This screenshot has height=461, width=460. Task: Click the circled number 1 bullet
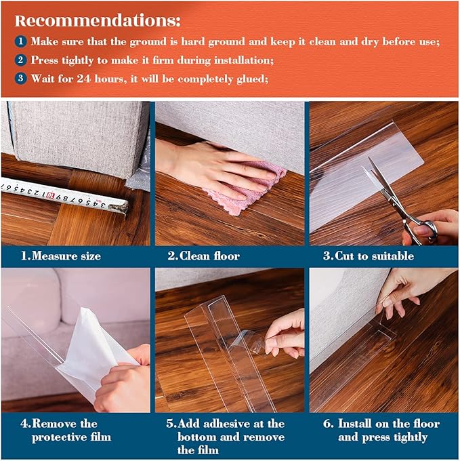point(22,41)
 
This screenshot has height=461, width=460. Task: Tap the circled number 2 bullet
point(22,60)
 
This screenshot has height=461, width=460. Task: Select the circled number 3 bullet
point(22,79)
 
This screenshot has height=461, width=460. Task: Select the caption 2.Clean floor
point(203,256)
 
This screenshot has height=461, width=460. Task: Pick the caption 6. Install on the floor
point(381,430)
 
